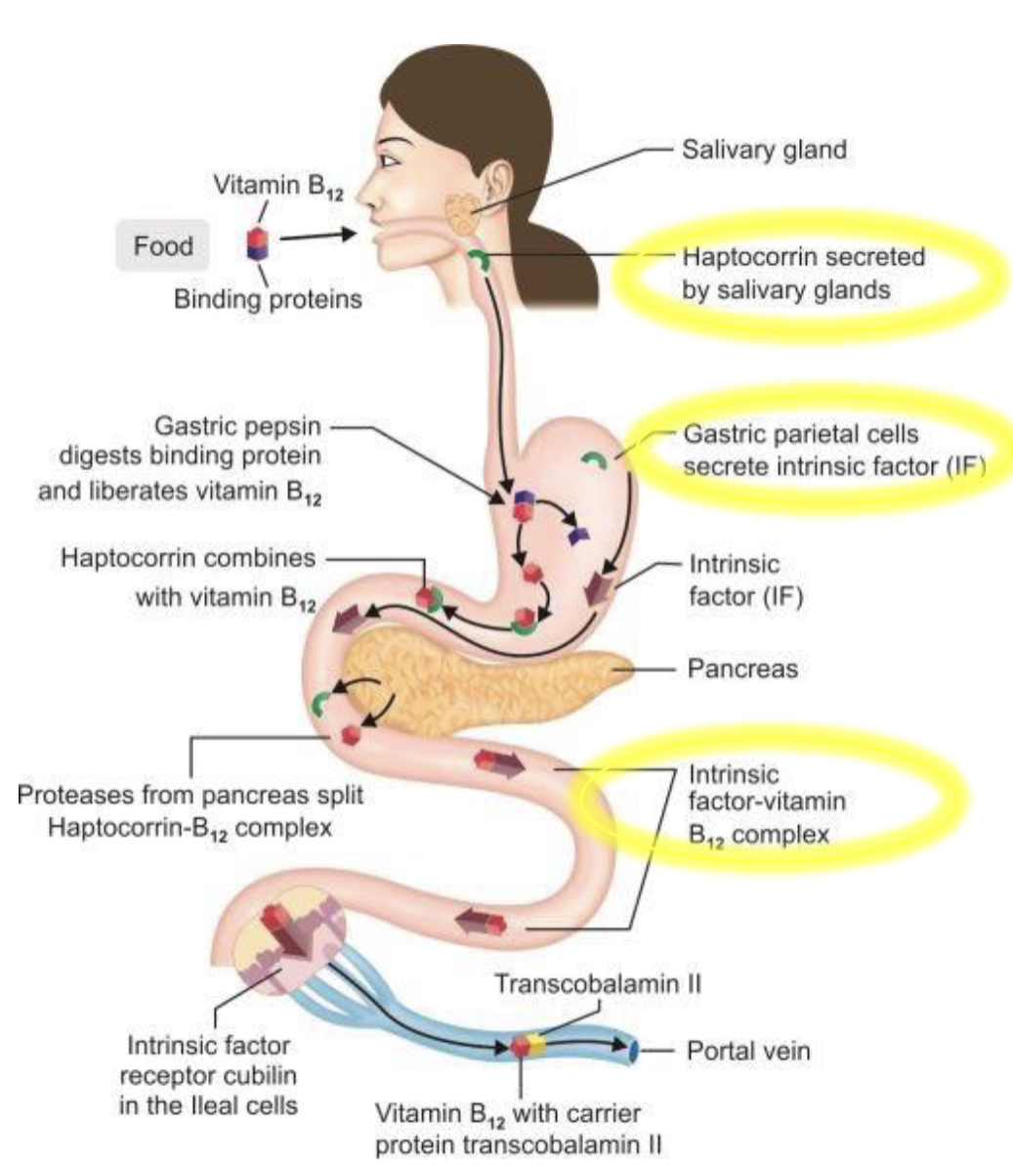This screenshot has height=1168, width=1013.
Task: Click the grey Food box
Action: [163, 245]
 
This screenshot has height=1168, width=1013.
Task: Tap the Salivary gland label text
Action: [764, 151]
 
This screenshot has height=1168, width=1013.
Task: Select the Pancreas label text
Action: [742, 670]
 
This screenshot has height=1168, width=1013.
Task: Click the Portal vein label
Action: [748, 1052]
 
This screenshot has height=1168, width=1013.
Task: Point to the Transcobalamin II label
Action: [597, 983]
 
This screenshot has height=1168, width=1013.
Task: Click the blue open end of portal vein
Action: [633, 1052]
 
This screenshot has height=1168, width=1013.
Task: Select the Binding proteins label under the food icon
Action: [268, 298]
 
